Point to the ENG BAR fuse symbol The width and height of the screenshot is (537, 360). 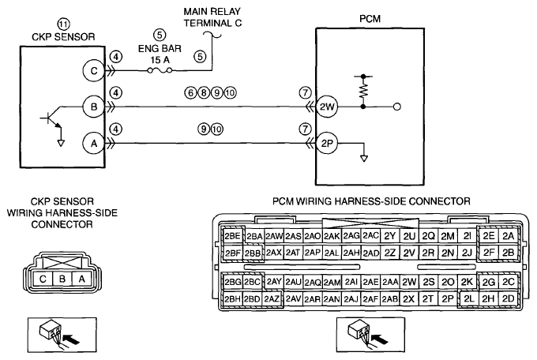pos(160,70)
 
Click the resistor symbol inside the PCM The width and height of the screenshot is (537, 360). pos(363,91)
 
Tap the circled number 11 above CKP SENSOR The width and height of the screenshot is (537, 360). pos(63,24)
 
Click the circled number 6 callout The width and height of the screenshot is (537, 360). pos(191,92)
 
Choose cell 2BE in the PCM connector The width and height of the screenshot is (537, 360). pos(232,236)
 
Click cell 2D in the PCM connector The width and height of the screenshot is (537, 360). pos(509,298)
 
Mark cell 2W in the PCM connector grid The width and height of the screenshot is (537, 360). pos(409,282)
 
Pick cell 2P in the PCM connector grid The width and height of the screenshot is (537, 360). pos(448,298)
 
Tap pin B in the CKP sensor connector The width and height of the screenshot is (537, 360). pos(62,279)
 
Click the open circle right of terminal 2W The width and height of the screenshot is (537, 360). pos(397,107)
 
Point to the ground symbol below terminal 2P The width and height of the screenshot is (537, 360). pos(364,159)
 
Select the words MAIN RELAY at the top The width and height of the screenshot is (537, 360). pos(212,12)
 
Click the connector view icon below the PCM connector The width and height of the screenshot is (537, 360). pos(371,335)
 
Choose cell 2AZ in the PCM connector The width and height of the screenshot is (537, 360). pos(272,298)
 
